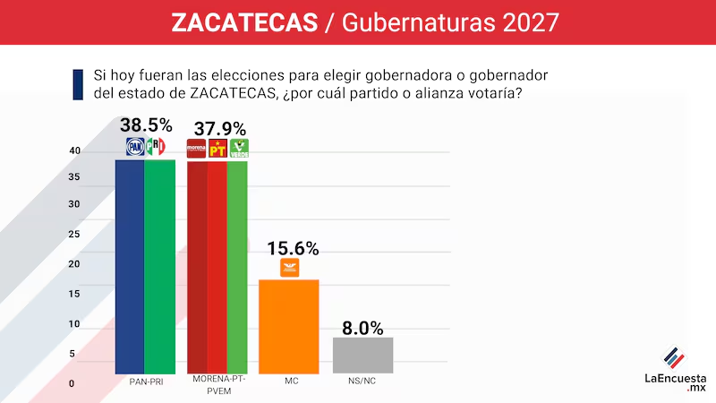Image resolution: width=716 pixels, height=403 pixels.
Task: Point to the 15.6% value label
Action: pos(288,249)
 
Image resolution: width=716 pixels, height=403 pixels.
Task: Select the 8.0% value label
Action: pos(362,327)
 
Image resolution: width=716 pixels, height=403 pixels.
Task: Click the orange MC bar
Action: pos(288,326)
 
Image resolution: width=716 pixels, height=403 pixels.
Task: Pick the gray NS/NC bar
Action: pos(362,355)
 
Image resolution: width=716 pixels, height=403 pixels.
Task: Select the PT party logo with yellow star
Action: pos(217,149)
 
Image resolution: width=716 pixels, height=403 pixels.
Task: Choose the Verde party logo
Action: pos(239,149)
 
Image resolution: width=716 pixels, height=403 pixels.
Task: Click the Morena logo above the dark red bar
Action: pos(195,149)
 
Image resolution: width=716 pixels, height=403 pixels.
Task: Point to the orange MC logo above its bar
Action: pos(289,268)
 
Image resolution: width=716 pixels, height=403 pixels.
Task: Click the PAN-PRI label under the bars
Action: pos(146,381)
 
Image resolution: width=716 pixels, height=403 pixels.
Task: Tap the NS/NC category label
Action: pos(362,381)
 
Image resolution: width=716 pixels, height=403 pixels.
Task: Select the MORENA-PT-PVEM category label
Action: pos(217,384)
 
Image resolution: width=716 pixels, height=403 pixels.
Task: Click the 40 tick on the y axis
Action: pos(74,151)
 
